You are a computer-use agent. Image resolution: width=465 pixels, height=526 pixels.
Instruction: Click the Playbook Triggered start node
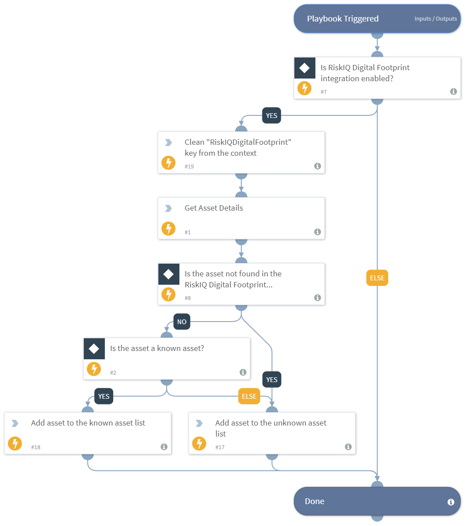pyautogui.click(x=343, y=19)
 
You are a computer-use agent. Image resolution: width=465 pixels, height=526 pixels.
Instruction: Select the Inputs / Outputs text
pyautogui.click(x=435, y=19)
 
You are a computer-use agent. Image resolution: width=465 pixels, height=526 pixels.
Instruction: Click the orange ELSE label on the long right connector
pyautogui.click(x=377, y=278)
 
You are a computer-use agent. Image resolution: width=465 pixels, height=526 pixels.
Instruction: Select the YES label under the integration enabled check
pyautogui.click(x=272, y=116)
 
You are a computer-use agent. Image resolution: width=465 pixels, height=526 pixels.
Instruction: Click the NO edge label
pyautogui.click(x=182, y=322)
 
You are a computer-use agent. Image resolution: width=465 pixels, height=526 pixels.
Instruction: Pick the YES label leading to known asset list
pyautogui.click(x=104, y=397)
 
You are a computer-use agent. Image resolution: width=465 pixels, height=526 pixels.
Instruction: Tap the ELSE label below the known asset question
pyautogui.click(x=249, y=397)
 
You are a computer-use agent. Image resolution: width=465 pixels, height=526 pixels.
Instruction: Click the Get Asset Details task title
pyautogui.click(x=214, y=208)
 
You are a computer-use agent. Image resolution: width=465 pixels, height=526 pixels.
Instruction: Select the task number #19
pyautogui.click(x=189, y=167)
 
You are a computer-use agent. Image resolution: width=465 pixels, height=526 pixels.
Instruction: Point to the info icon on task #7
pyautogui.click(x=453, y=92)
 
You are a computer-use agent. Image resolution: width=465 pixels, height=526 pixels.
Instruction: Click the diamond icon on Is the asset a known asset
pyautogui.click(x=94, y=349)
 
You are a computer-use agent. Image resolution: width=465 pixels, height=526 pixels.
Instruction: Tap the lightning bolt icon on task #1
pyautogui.click(x=168, y=229)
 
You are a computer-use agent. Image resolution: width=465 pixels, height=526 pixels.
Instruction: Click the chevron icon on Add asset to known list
pyautogui.click(x=15, y=423)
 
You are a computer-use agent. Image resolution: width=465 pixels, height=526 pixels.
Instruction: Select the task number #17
pyautogui.click(x=220, y=447)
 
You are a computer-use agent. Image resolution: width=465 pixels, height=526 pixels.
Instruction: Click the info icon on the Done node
pyautogui.click(x=451, y=502)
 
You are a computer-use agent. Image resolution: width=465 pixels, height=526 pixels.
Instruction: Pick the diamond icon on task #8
pyautogui.click(x=168, y=274)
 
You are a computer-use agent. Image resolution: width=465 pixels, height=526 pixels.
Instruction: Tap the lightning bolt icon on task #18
pyautogui.click(x=15, y=444)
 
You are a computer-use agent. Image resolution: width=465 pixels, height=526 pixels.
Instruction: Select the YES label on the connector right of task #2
pyautogui.click(x=272, y=379)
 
